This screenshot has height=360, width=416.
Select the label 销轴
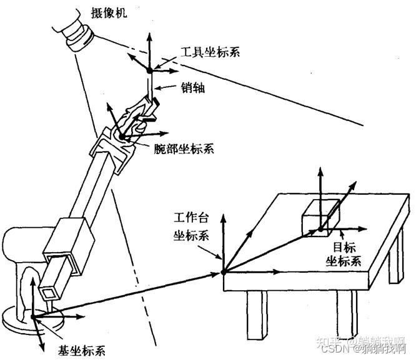tap(192, 88)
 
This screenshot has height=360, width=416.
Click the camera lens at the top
tap(79, 39)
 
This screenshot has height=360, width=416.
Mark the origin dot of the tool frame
tap(149, 71)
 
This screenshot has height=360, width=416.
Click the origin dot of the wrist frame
tap(123, 137)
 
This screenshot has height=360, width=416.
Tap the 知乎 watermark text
tap(327, 341)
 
